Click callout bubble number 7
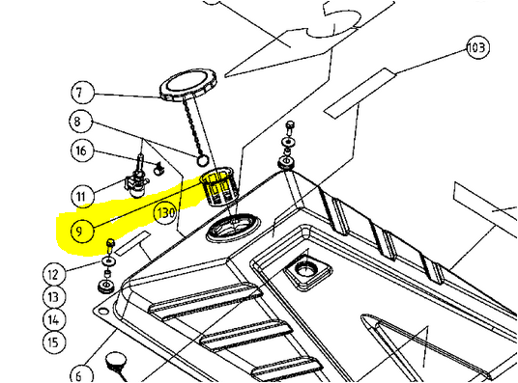[82, 92]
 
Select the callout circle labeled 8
[80, 121]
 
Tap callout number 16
[82, 150]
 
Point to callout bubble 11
[82, 196]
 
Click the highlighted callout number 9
[82, 231]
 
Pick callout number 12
[54, 274]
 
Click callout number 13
[54, 297]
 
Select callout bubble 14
[54, 319]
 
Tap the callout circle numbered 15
[54, 342]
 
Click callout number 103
[477, 47]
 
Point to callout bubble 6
[81, 374]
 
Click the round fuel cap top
[188, 85]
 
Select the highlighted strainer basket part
[216, 186]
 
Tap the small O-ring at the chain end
[203, 161]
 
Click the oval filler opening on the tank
[233, 228]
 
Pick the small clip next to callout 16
[159, 169]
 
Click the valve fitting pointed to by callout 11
[137, 182]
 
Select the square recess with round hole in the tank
[308, 271]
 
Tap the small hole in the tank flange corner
[103, 311]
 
